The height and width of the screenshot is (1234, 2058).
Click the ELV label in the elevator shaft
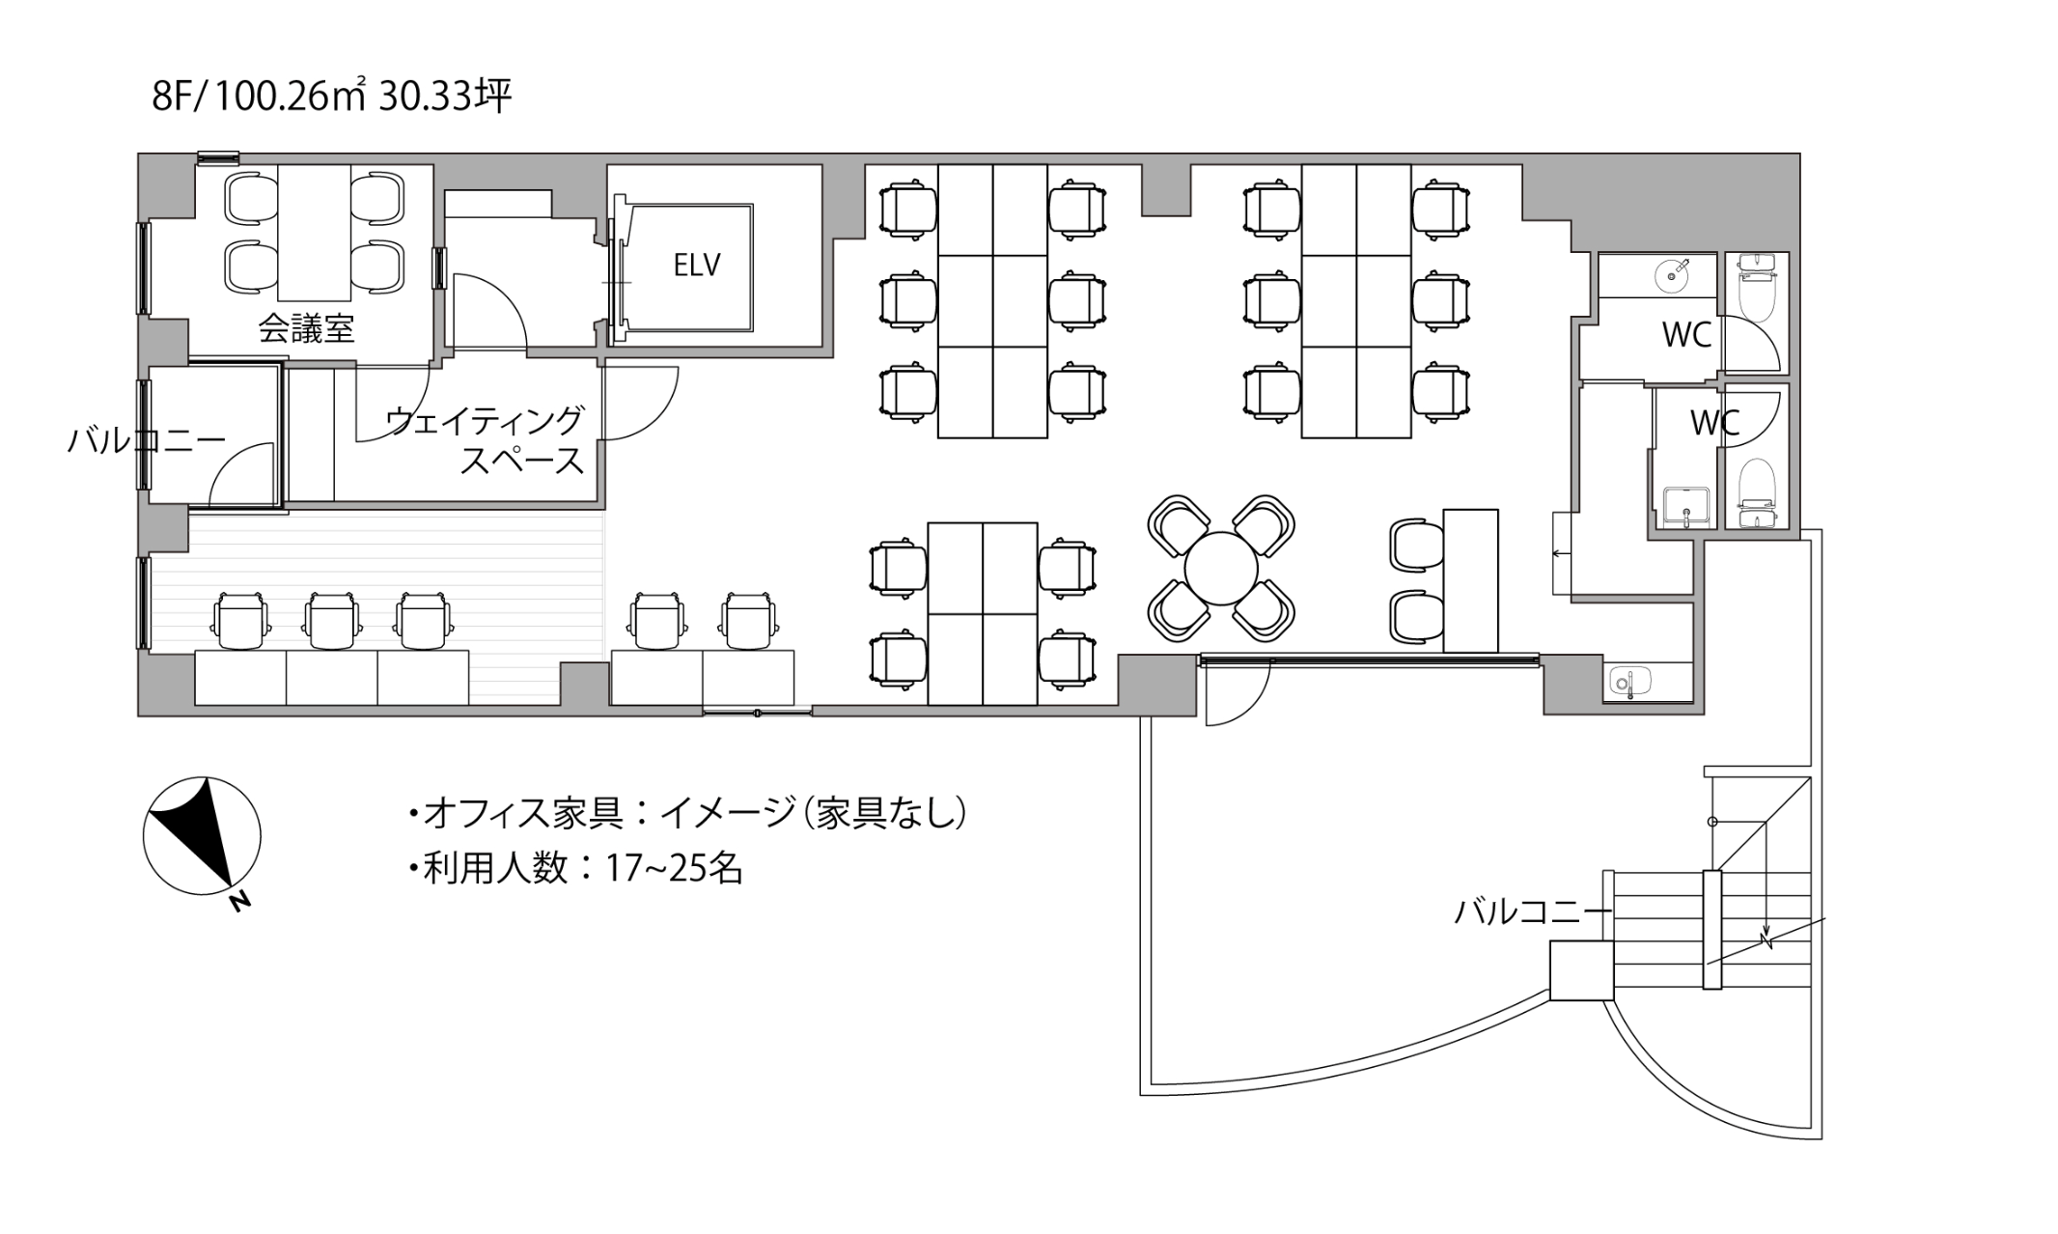pyautogui.click(x=696, y=265)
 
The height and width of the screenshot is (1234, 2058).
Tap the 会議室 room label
pyautogui.click(x=306, y=329)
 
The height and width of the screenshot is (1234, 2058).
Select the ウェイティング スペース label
pyautogui.click(x=486, y=440)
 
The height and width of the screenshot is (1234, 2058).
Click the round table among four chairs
pyautogui.click(x=1221, y=569)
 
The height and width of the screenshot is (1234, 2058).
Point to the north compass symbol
pyautogui.click(x=202, y=832)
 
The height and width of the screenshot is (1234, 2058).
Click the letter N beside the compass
pyautogui.click(x=239, y=902)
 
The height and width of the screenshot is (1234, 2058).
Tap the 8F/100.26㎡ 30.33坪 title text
pyautogui.click(x=331, y=97)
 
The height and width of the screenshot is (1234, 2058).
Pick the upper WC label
pyautogui.click(x=1686, y=335)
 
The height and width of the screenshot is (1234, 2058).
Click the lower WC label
pyautogui.click(x=1714, y=422)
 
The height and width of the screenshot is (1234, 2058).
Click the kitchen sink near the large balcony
pyautogui.click(x=1629, y=681)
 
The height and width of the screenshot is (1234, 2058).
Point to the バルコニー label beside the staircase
pyautogui.click(x=1533, y=911)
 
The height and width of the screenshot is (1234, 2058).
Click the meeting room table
pyautogui.click(x=314, y=233)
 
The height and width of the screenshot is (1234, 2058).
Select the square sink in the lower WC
pyautogui.click(x=1686, y=504)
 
